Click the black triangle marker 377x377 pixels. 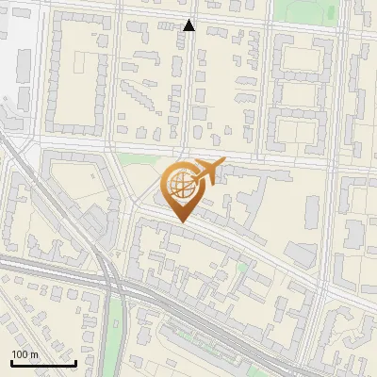click(x=189, y=25)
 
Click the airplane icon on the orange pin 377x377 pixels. click(x=207, y=172)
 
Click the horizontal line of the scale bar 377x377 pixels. click(x=43, y=363)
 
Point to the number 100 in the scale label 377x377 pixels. click(x=20, y=354)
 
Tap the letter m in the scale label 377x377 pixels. click(x=34, y=354)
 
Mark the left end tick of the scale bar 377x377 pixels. click(x=11, y=361)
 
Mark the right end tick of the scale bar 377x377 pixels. click(x=75, y=361)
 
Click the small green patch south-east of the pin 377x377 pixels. click(x=242, y=267)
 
